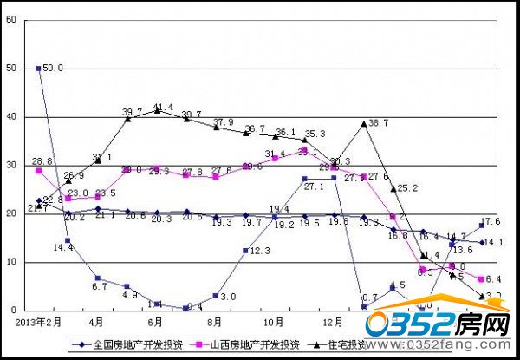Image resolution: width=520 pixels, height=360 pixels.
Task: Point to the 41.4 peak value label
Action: pyautogui.click(x=164, y=108)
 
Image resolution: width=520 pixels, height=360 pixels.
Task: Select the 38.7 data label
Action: pyautogui.click(x=379, y=123)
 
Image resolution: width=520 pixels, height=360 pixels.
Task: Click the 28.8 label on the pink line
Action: pyautogui.click(x=43, y=161)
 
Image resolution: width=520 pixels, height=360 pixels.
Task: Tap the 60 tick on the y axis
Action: pyautogui.click(x=12, y=19)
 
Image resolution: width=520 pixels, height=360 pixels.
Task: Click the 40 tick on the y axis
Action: pyautogui.click(x=12, y=116)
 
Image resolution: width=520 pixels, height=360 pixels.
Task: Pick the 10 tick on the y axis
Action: pyautogui.click(x=12, y=262)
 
